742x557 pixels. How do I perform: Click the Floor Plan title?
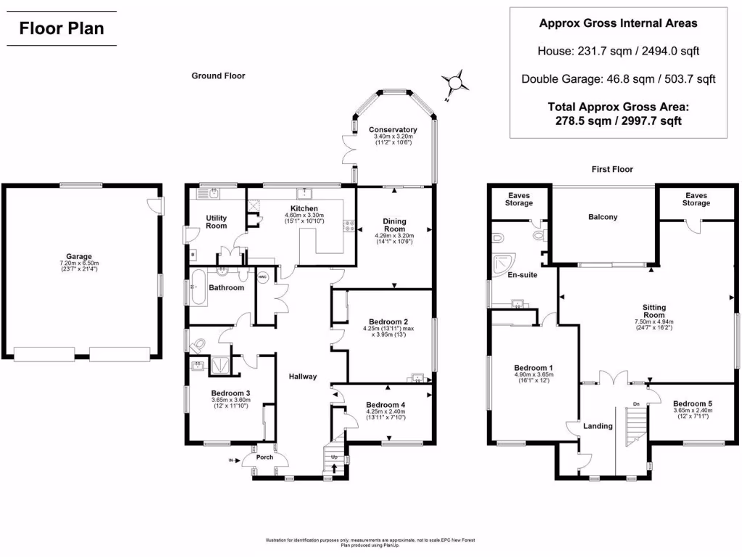(62, 28)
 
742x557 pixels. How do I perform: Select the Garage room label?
(80, 257)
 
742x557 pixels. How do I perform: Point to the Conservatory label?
(392, 130)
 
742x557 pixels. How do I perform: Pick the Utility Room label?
(217, 222)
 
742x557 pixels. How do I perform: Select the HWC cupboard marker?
(262, 278)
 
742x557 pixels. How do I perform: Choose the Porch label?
(264, 457)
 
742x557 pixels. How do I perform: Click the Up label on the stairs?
(334, 458)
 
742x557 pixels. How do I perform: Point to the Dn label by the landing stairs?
(636, 404)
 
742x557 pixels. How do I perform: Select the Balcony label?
(603, 217)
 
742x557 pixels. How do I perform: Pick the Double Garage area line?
(618, 79)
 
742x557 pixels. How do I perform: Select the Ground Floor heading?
(218, 75)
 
